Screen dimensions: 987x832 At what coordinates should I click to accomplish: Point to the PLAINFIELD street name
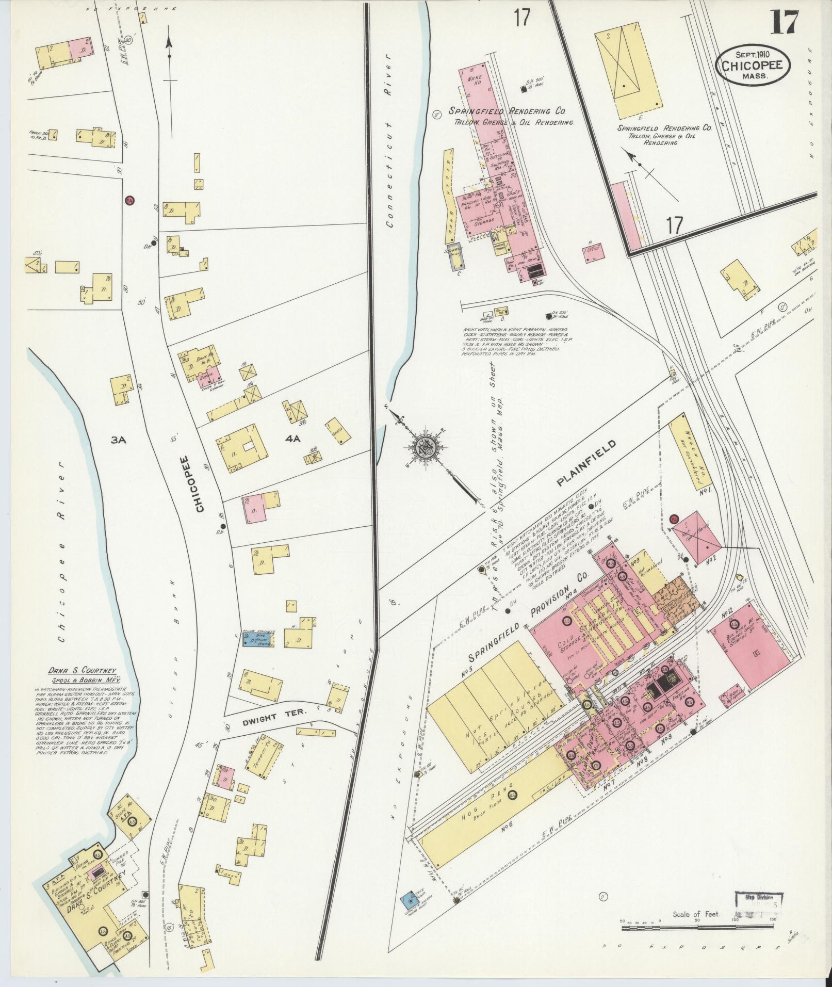point(587,462)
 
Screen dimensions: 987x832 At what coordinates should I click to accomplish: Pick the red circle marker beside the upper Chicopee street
point(129,200)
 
